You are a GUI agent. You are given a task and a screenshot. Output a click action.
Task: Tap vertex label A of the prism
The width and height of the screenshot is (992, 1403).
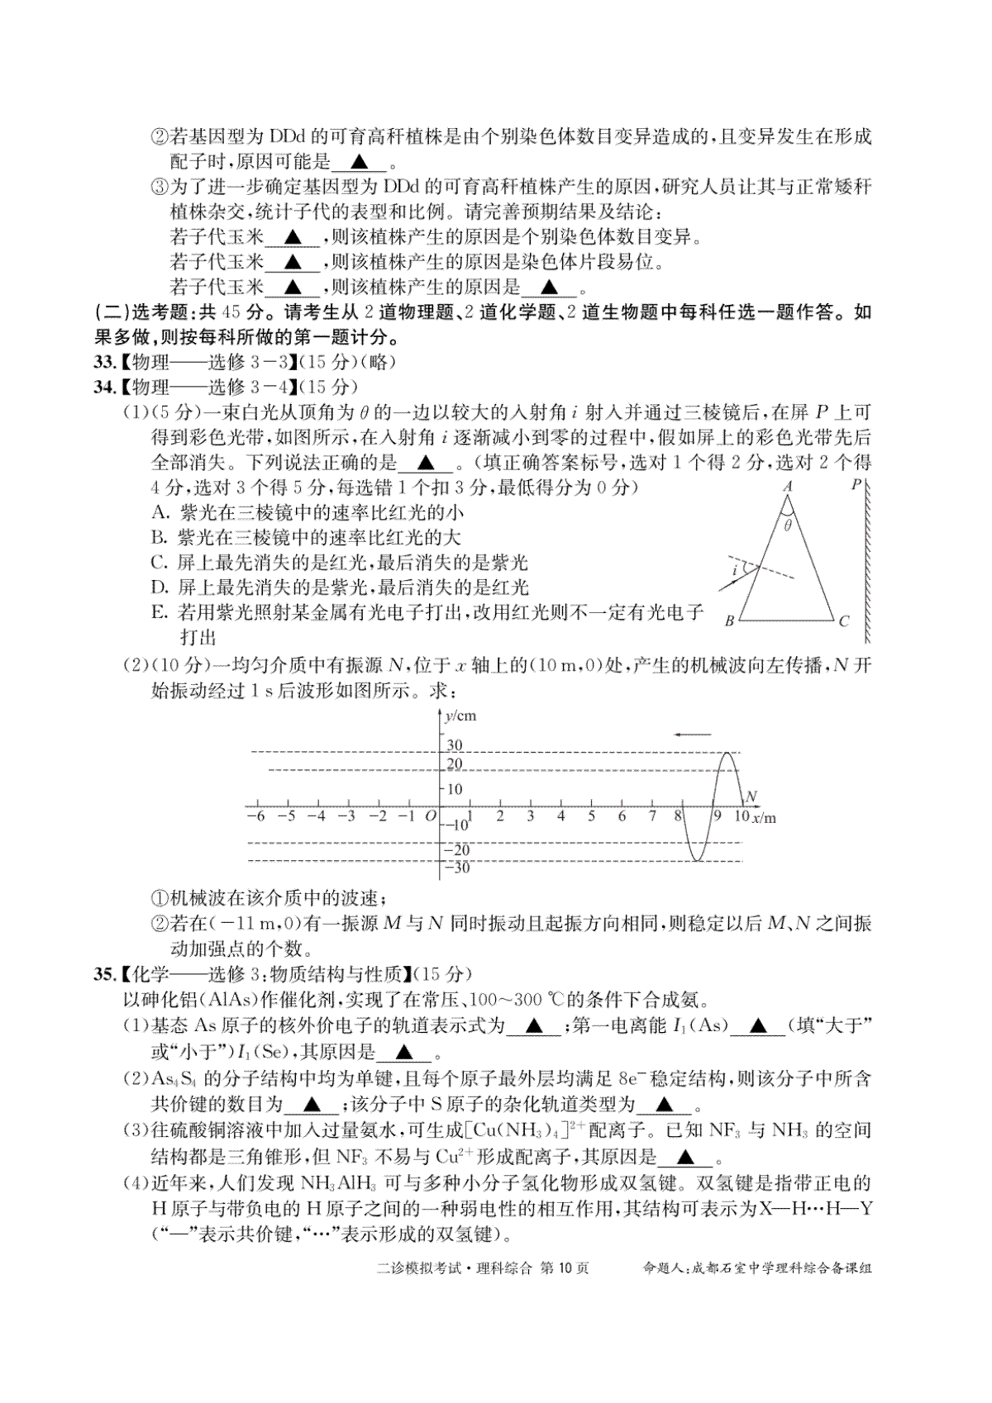click(x=788, y=487)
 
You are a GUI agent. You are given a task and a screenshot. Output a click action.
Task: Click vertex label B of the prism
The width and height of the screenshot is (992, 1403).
click(x=730, y=621)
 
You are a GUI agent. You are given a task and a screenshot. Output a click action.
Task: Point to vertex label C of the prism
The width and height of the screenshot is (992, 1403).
click(x=843, y=621)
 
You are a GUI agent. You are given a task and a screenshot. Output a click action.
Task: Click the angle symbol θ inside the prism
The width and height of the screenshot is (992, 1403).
click(x=788, y=525)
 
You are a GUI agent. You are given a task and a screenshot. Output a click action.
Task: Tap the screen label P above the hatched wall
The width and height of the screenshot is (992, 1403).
click(x=856, y=485)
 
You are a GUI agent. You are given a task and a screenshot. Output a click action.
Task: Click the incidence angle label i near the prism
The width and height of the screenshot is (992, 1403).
click(x=733, y=570)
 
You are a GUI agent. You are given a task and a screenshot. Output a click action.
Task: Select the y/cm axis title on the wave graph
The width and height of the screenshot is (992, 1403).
click(x=460, y=716)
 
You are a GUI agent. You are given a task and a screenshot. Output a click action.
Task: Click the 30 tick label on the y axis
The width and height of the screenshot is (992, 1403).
click(x=455, y=746)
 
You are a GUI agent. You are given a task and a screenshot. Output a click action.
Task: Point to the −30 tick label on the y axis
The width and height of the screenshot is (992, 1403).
click(x=456, y=868)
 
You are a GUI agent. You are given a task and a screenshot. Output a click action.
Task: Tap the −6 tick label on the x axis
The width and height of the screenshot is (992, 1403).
click(x=255, y=816)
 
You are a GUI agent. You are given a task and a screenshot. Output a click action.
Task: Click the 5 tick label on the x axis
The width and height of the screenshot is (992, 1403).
click(x=591, y=816)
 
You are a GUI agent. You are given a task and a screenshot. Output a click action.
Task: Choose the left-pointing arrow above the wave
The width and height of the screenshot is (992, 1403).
click(x=692, y=733)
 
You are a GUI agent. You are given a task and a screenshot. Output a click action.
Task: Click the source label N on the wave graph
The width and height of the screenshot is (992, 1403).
click(x=751, y=797)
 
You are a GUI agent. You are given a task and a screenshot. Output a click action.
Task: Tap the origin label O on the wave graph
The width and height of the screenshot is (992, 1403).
click(x=430, y=816)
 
